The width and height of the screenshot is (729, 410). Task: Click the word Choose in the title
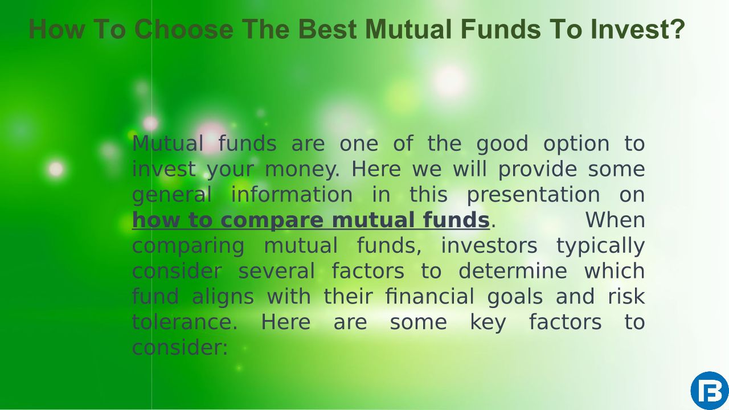(x=184, y=29)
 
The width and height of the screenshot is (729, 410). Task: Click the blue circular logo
(x=710, y=391)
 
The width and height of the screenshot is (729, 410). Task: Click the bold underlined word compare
(x=272, y=220)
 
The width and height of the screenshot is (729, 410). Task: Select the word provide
(x=538, y=169)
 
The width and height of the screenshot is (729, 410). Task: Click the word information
(x=292, y=194)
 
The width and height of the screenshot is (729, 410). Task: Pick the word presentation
(x=534, y=195)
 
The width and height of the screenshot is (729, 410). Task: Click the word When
(x=615, y=220)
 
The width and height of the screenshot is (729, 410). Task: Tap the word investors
(x=489, y=245)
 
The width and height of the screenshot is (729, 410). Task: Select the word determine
(x=513, y=271)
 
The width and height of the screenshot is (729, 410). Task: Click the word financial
(x=429, y=297)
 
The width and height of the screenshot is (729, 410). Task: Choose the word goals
(x=515, y=297)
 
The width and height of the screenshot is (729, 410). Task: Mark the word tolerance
(x=185, y=322)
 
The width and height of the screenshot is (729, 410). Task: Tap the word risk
(x=626, y=297)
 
